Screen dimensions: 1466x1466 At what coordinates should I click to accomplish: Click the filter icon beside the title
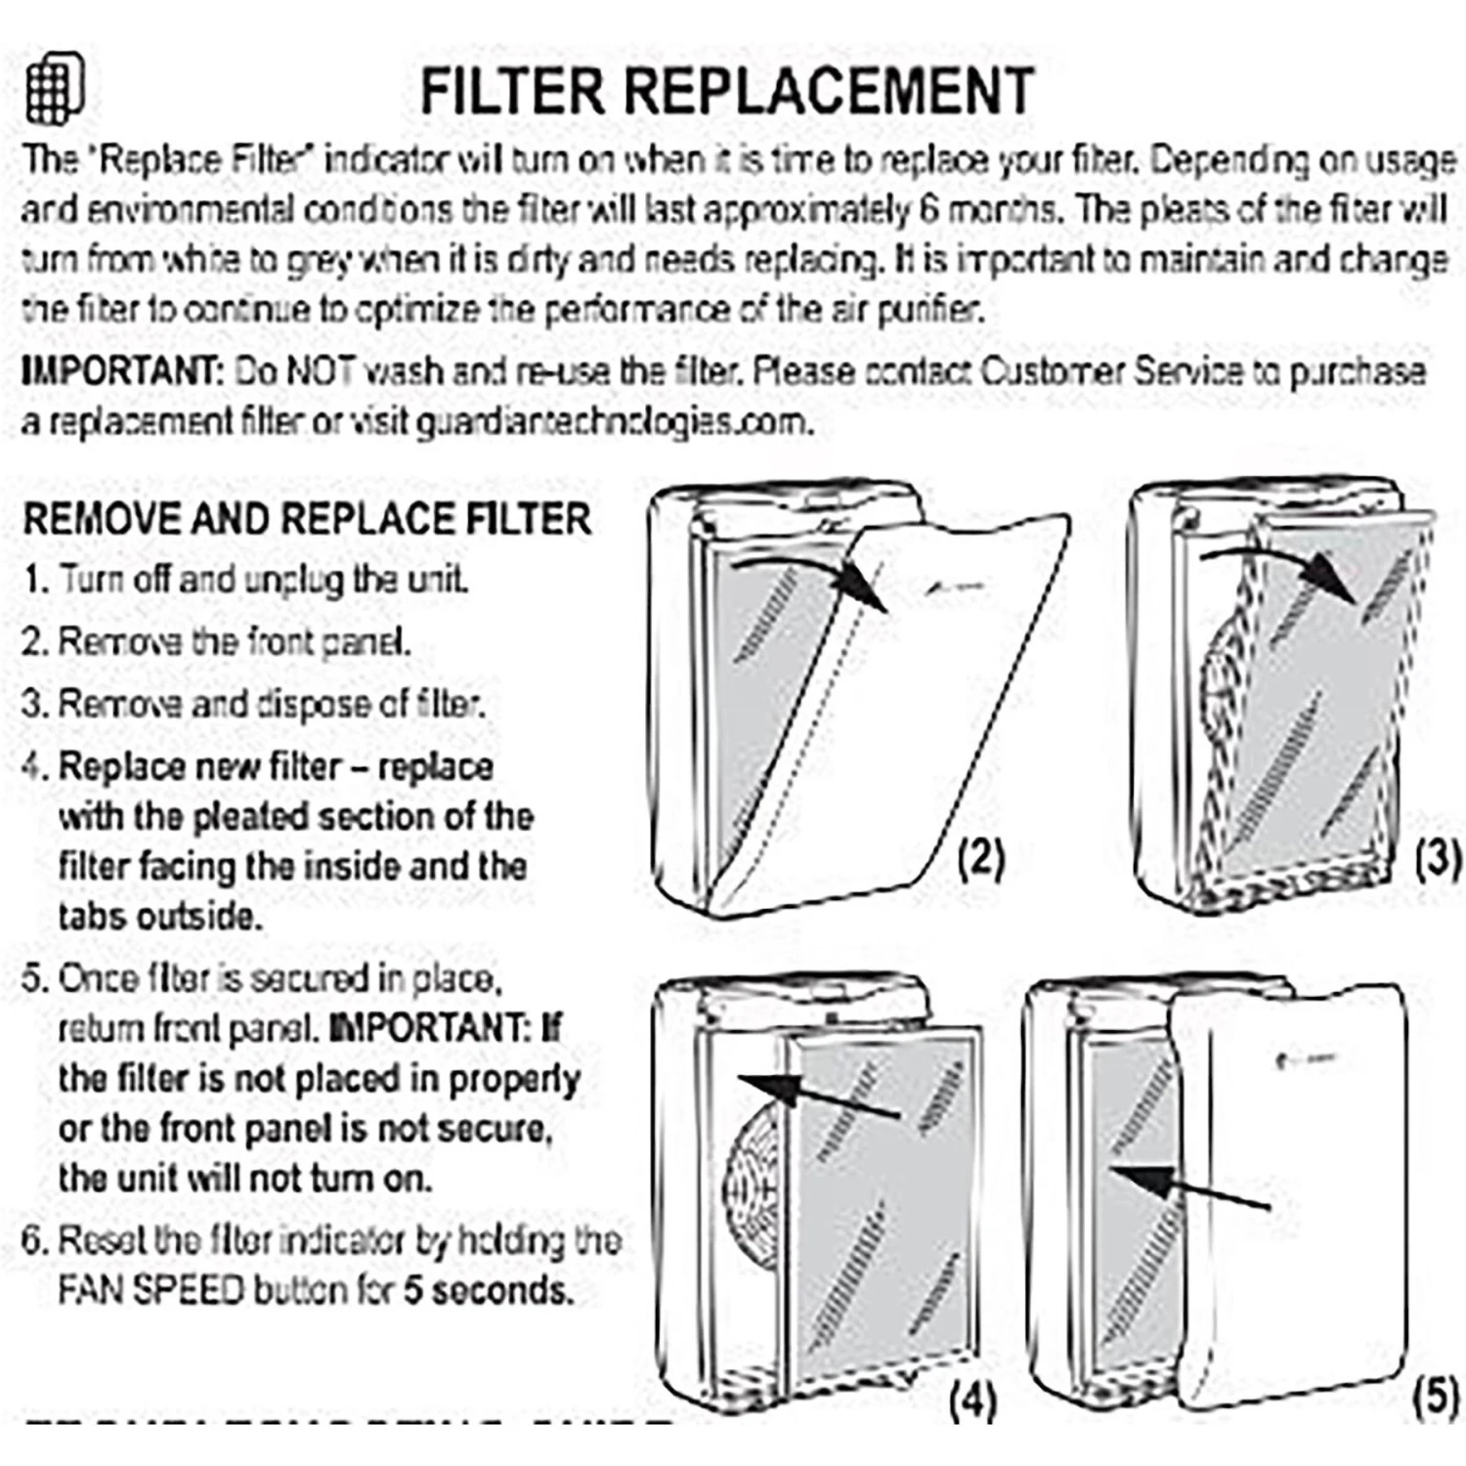coord(55,88)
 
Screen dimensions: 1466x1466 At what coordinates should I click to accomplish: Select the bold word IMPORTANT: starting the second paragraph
coord(123,371)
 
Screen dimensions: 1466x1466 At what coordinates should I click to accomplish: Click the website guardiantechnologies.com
coord(614,422)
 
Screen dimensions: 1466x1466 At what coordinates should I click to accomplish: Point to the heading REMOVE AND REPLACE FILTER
coord(307,518)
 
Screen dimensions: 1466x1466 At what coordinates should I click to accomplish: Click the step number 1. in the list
coord(36,580)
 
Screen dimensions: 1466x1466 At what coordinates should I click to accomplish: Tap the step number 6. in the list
coord(35,1240)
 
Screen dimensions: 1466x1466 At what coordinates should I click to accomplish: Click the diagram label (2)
coord(981,857)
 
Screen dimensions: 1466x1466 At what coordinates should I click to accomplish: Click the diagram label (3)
coord(1438,857)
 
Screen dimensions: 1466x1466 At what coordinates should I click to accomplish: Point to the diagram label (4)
coord(972,1401)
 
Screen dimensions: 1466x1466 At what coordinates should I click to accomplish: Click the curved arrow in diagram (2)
coord(811,577)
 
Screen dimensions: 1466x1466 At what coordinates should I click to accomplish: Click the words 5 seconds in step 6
coord(488,1290)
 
